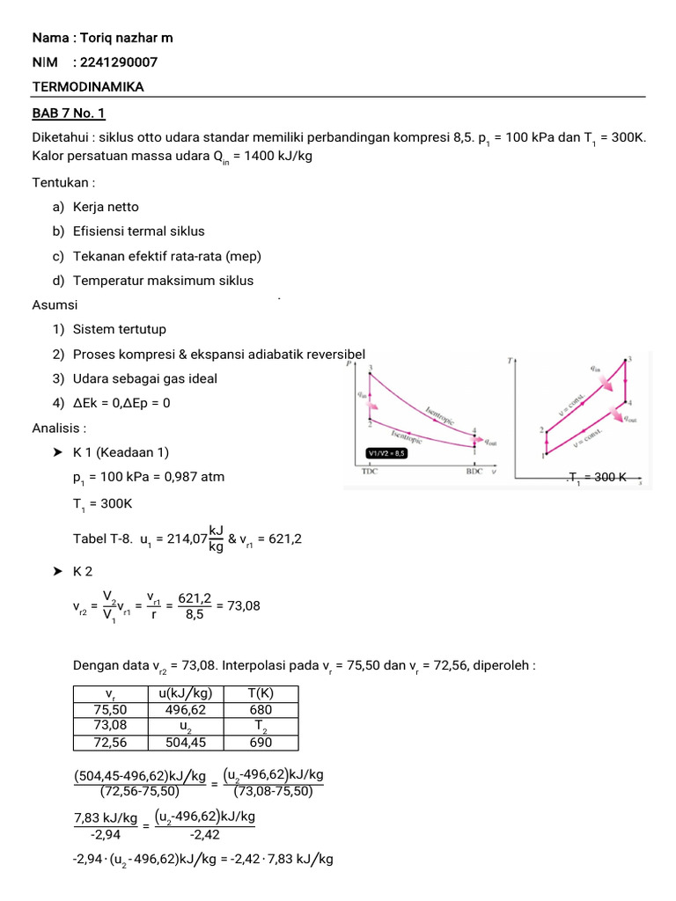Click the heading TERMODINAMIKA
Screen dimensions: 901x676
(x=88, y=86)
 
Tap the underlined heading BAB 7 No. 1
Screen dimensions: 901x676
(x=69, y=114)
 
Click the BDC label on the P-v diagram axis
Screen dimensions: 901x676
(x=475, y=472)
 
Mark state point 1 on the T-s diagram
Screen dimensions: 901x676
(x=543, y=456)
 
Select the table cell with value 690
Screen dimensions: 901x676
(x=261, y=742)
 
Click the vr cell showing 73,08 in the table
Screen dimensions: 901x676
(x=111, y=726)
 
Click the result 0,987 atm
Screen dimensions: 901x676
(x=196, y=477)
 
